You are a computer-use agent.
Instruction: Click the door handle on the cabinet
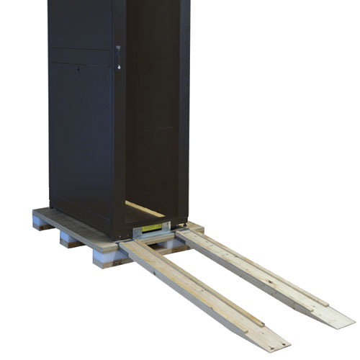(x=117, y=57)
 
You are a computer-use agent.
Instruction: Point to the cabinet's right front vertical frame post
(x=181, y=108)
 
